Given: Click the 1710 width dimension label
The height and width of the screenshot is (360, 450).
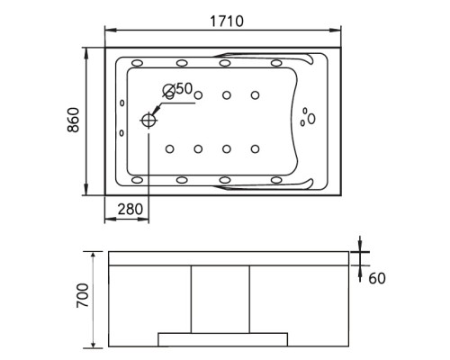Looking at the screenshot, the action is [x=227, y=22].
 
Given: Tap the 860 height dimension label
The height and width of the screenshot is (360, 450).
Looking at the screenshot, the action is [x=73, y=120].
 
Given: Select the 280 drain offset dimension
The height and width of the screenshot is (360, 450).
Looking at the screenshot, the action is [x=130, y=209].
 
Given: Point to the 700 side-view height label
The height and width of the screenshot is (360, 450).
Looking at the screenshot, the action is [x=83, y=295].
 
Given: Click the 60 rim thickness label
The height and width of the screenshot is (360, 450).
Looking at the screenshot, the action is [x=377, y=278].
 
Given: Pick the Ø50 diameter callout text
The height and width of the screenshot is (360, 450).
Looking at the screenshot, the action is [x=177, y=89].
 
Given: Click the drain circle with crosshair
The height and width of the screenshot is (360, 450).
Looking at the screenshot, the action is [x=148, y=121].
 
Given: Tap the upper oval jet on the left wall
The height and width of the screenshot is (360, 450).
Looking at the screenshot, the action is [x=121, y=103].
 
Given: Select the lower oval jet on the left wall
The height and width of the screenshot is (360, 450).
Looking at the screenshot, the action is [x=121, y=133].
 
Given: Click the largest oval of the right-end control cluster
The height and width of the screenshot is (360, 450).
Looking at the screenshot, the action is [x=311, y=119].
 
